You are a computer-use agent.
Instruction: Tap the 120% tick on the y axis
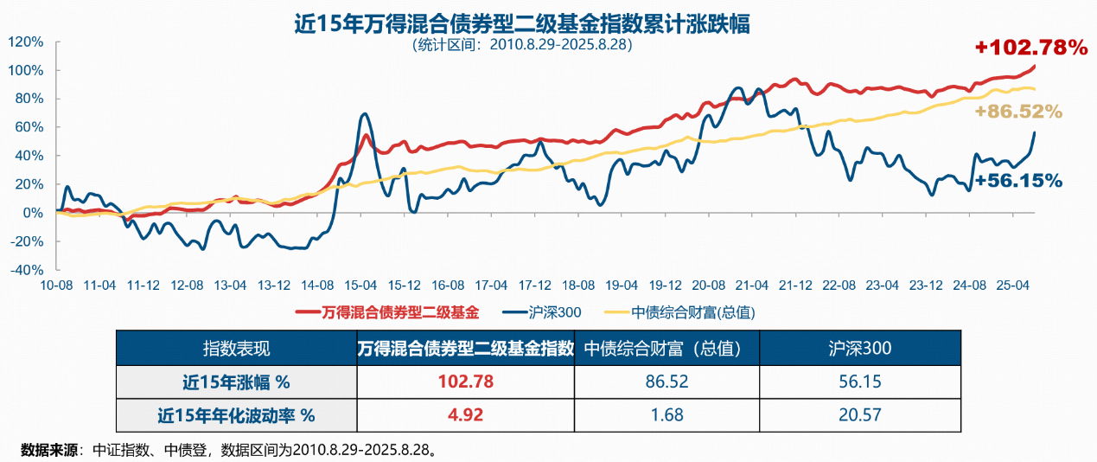[25, 42]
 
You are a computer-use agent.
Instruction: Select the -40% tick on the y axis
[25, 269]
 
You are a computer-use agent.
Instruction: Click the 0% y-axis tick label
[32, 213]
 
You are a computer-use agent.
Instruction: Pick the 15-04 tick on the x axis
[360, 285]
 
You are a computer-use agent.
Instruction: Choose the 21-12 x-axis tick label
[794, 285]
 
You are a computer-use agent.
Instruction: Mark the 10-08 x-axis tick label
[56, 285]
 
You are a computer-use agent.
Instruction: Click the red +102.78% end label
[1030, 48]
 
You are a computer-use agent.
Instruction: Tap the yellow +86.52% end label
[1017, 112]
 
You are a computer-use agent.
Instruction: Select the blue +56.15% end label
[1017, 181]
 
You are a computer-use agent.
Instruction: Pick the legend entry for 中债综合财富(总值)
[687, 311]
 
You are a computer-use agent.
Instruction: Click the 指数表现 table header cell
[236, 349]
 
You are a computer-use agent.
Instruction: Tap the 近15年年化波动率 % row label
[236, 415]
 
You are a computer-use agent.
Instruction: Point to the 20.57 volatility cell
[859, 415]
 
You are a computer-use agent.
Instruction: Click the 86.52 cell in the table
[666, 382]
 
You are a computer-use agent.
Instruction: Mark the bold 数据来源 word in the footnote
[48, 450]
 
